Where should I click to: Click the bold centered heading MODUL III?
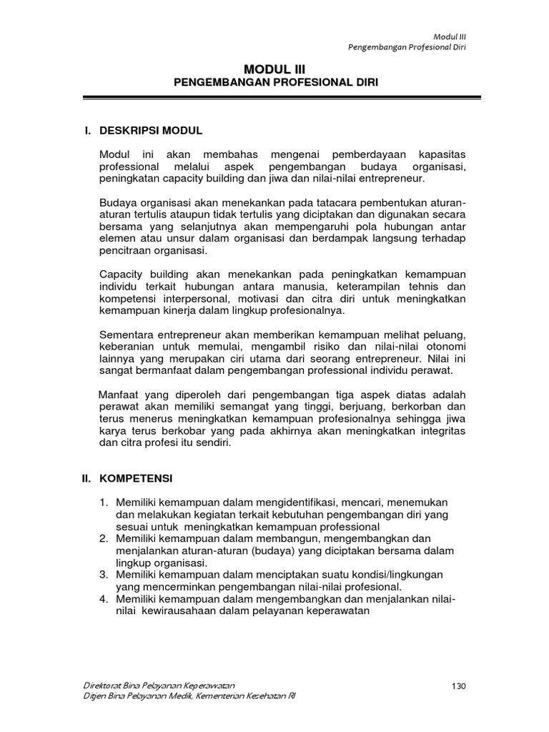coord(274,69)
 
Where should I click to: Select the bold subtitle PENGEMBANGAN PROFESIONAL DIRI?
coord(276,83)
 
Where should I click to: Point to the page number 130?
coord(459,686)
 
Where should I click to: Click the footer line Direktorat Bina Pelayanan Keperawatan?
coord(159,686)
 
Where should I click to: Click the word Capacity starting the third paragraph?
coord(122,274)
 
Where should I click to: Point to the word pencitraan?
coord(126,252)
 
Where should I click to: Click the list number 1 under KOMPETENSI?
coord(104,503)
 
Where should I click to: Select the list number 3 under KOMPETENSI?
coord(104,575)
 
